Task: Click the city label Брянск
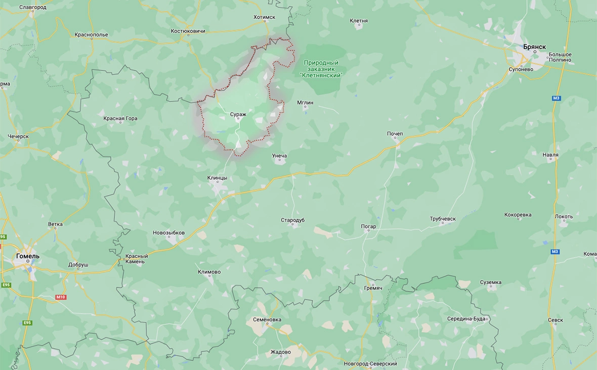coord(534,47)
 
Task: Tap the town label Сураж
coord(238,115)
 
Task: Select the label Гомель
coord(27,256)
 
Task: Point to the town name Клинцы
coord(217,178)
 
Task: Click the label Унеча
coord(279,156)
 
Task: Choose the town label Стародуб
coord(293,220)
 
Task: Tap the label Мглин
coord(305,102)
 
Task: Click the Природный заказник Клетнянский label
coord(321,68)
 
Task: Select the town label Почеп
coord(395,134)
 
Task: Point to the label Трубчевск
coord(443,219)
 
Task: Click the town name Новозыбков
coord(168,233)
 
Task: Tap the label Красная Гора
coord(120,119)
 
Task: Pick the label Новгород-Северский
coord(370,364)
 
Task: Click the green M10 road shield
coord(61,297)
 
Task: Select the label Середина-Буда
coord(466,319)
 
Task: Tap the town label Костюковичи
coord(188,31)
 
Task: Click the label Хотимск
coord(264,17)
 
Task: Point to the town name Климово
coord(209,272)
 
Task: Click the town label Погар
coord(368,227)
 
